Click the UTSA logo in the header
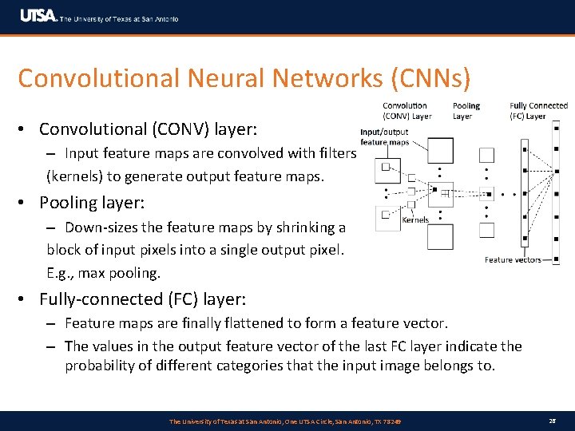pyautogui.click(x=38, y=16)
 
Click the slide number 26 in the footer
pyautogui.click(x=553, y=421)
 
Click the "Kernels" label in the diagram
pyautogui.click(x=415, y=219)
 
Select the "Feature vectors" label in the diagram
pyautogui.click(x=513, y=259)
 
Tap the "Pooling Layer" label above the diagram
pyautogui.click(x=466, y=111)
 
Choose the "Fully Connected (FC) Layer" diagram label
pyautogui.click(x=538, y=111)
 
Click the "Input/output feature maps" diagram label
pyautogui.click(x=385, y=137)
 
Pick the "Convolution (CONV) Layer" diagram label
pyautogui.click(x=407, y=111)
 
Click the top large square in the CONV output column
pyautogui.click(x=440, y=151)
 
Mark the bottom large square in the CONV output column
pyautogui.click(x=440, y=237)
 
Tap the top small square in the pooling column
pyautogui.click(x=486, y=156)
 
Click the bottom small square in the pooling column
pyautogui.click(x=486, y=231)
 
